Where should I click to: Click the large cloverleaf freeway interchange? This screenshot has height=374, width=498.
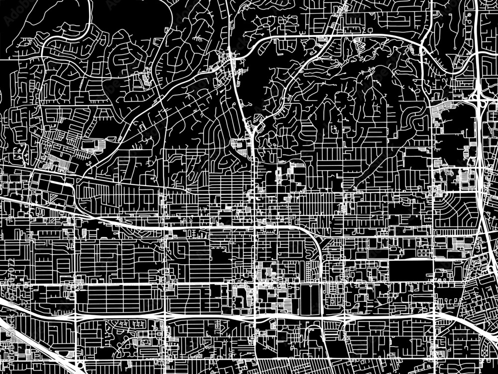[x=478, y=97]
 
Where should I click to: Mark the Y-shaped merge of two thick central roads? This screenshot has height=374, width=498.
[x=253, y=131]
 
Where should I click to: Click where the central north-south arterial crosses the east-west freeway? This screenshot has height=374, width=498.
[x=255, y=317]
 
